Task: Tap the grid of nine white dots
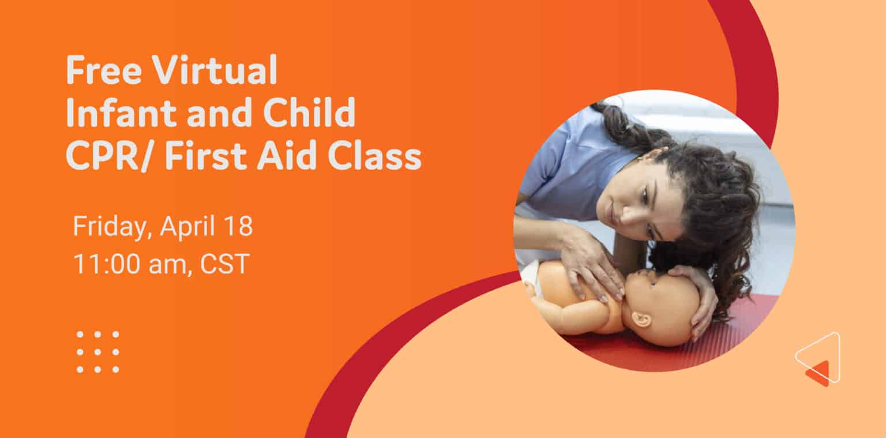(97, 351)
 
